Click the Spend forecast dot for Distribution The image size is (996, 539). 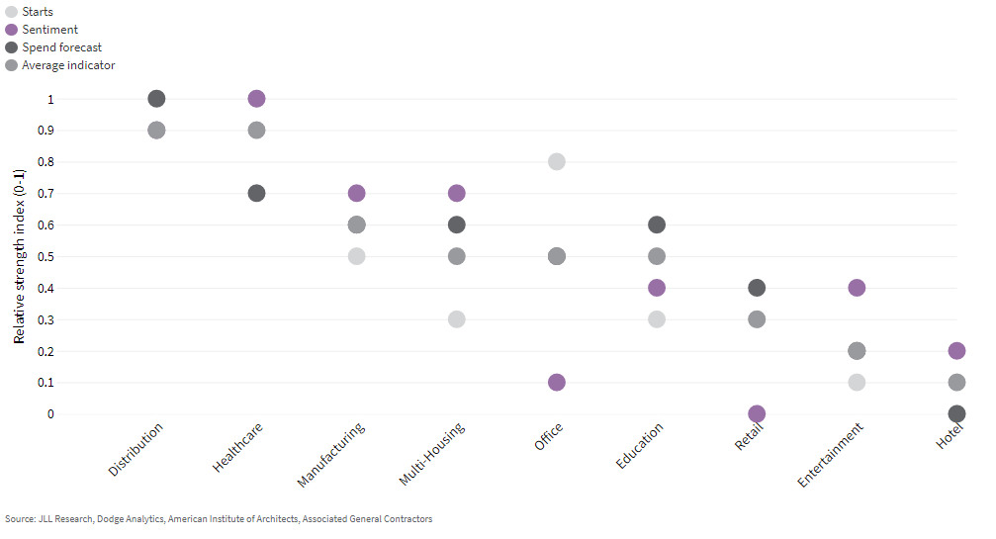coord(156,98)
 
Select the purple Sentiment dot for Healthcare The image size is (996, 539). coord(256,98)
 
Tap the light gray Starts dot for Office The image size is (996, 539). coord(557,161)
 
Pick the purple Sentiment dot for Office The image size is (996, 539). coord(557,382)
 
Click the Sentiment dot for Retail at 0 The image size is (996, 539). coord(757,414)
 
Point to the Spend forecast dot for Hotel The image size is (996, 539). coord(956,414)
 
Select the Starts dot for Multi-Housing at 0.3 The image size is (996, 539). coord(456,319)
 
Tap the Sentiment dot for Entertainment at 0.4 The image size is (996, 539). coord(857,288)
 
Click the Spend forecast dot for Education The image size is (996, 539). coord(656,225)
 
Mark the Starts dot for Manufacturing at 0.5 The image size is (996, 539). coord(356,256)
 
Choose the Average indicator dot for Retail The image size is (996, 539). coord(757,319)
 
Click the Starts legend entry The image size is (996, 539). coord(30,12)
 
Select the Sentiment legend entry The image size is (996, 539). coord(42,30)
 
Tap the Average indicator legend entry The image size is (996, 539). coord(60,64)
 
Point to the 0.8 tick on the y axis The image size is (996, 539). coord(45,162)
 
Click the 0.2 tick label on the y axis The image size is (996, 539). coord(45,351)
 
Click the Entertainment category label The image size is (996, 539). coord(831,455)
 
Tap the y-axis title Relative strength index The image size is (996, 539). coord(19,256)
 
